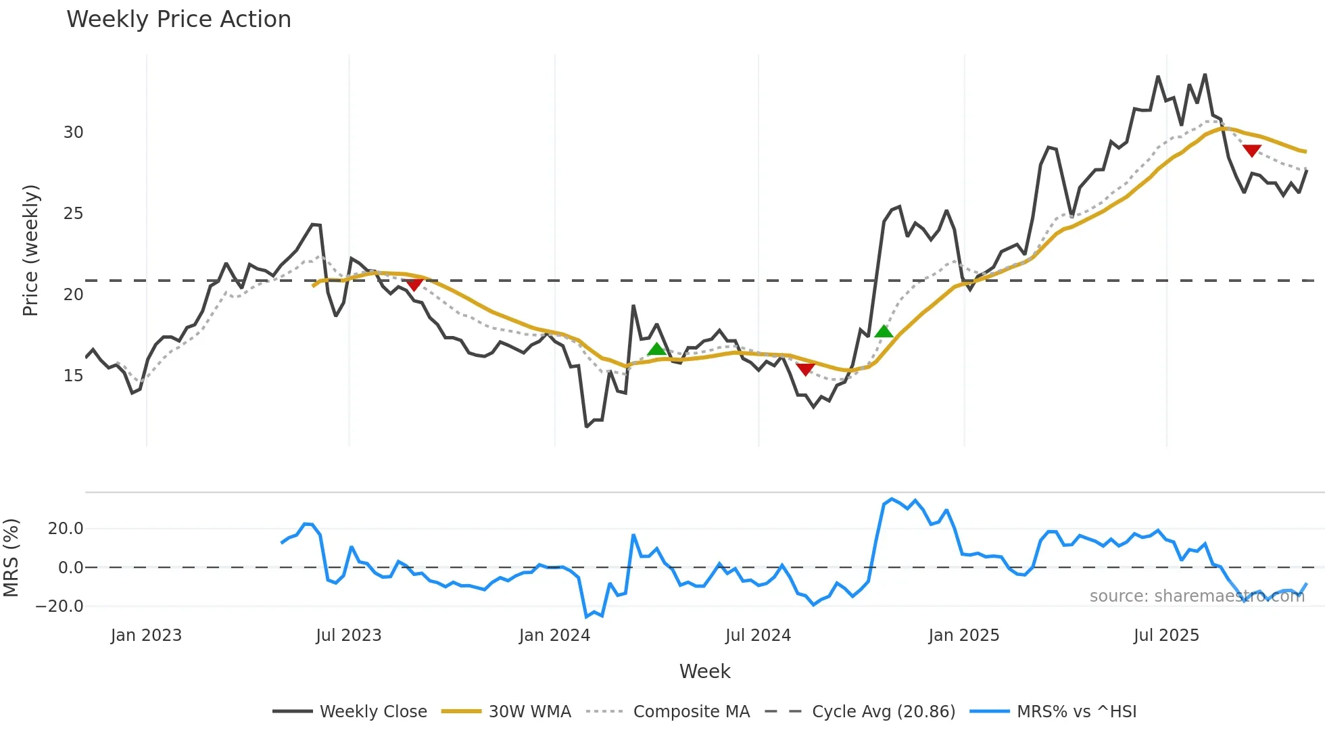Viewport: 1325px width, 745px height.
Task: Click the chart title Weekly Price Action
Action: (x=178, y=20)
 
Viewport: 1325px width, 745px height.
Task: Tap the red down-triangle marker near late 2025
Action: (x=1252, y=151)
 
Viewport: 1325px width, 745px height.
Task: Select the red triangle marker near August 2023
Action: (x=414, y=285)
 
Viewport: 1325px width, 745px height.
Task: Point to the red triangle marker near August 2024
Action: (x=805, y=369)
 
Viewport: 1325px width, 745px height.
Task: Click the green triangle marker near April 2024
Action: (x=656, y=349)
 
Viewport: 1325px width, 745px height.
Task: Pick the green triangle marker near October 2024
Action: (x=884, y=331)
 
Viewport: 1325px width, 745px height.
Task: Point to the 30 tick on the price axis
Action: (x=74, y=133)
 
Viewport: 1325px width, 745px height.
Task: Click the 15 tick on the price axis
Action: (x=74, y=376)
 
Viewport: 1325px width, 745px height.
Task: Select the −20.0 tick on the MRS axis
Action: (x=59, y=606)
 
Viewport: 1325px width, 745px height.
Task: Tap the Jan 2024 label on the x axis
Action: (x=554, y=635)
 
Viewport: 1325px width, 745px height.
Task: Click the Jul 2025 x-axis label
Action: (x=1166, y=635)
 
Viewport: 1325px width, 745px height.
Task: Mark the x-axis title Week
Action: (x=704, y=671)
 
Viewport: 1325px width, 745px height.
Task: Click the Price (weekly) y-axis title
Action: (x=31, y=250)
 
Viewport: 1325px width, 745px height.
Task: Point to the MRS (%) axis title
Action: (x=11, y=558)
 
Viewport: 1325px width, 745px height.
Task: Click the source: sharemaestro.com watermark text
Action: (x=1197, y=596)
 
